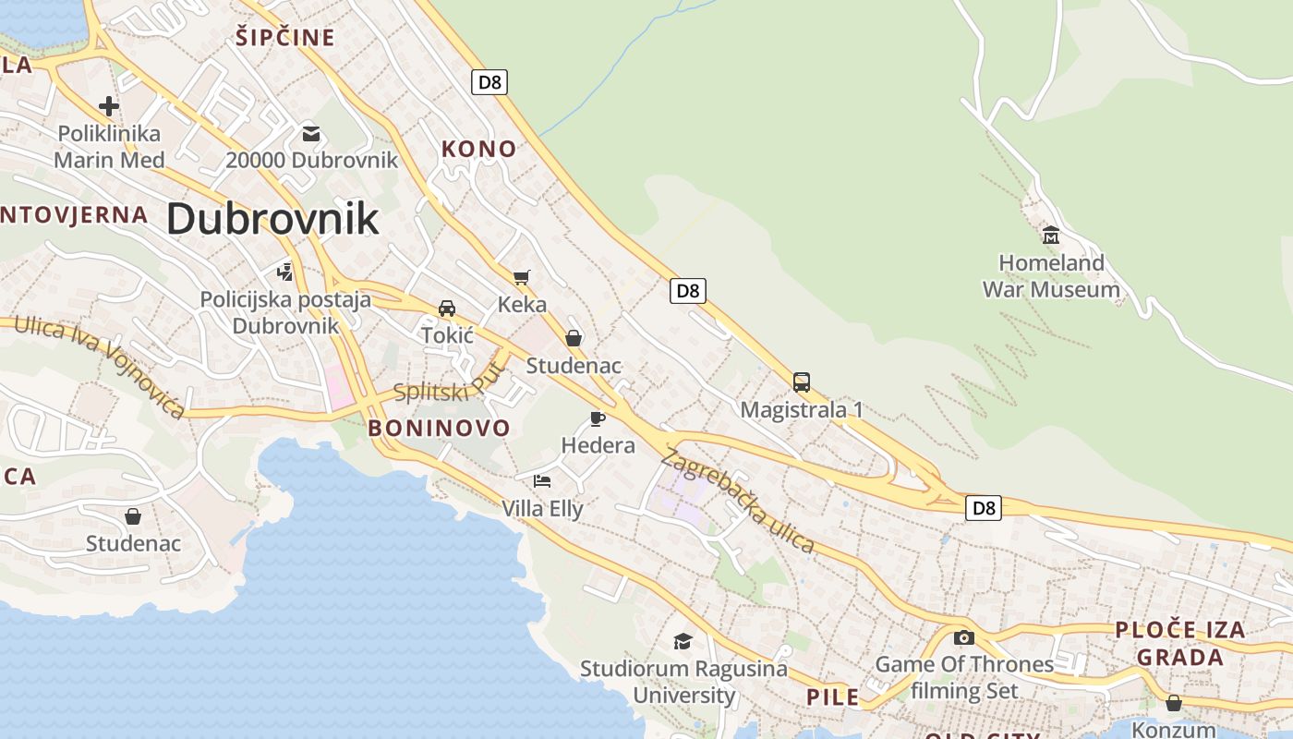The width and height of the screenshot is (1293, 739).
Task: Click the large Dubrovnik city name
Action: pyautogui.click(x=272, y=219)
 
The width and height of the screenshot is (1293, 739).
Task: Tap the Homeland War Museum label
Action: pyautogui.click(x=1051, y=276)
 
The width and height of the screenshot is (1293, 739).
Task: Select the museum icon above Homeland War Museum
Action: pyautogui.click(x=1050, y=235)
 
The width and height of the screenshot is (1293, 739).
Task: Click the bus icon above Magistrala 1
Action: pyautogui.click(x=802, y=382)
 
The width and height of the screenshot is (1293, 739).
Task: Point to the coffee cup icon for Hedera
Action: pyautogui.click(x=598, y=418)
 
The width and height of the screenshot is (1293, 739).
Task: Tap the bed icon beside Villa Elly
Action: pyautogui.click(x=542, y=480)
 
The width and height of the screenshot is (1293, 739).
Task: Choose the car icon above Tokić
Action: pyautogui.click(x=447, y=308)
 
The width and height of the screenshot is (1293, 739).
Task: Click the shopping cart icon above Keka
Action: pyautogui.click(x=522, y=277)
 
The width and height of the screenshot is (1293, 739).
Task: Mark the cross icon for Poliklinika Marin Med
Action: pyautogui.click(x=109, y=106)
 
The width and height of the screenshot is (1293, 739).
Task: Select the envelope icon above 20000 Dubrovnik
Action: pyautogui.click(x=311, y=134)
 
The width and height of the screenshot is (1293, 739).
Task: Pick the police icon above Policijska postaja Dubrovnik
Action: pyautogui.click(x=285, y=273)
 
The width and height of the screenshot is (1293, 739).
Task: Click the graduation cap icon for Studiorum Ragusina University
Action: pyautogui.click(x=683, y=641)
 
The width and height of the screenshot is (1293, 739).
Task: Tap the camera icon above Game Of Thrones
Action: pyautogui.click(x=964, y=637)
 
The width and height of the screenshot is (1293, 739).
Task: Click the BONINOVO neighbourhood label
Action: pyautogui.click(x=439, y=428)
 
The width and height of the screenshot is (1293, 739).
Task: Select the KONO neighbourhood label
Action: pyautogui.click(x=478, y=149)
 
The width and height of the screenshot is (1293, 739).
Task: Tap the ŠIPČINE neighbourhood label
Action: pyautogui.click(x=284, y=38)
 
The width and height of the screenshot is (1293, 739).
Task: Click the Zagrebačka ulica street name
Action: pyautogui.click(x=738, y=502)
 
